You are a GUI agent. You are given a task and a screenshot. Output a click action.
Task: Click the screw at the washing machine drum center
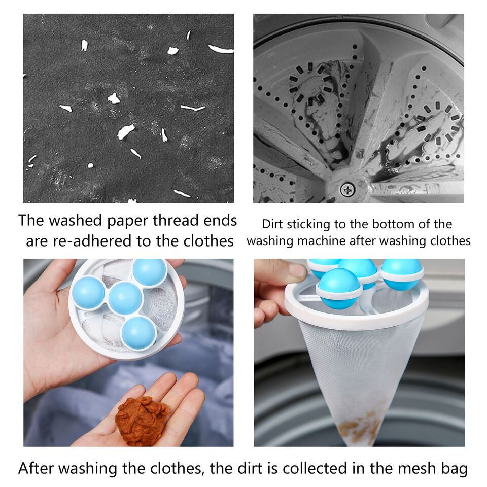pyautogui.click(x=347, y=189)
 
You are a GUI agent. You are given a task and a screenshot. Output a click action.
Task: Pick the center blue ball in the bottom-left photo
pyautogui.click(x=125, y=298)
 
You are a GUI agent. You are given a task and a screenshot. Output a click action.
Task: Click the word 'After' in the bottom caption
pyautogui.click(x=36, y=468)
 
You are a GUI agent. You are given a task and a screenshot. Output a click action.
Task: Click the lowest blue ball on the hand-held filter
pyautogui.click(x=138, y=333)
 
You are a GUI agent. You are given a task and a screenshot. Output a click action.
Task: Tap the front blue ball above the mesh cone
pyautogui.click(x=339, y=289)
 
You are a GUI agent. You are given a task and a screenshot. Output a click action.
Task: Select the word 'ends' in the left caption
pyautogui.click(x=220, y=221)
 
